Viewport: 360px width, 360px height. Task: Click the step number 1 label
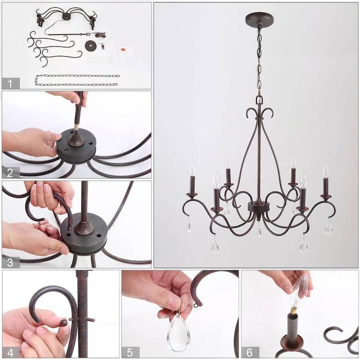coord(11,83)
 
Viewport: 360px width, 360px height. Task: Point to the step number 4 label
coord(11,352)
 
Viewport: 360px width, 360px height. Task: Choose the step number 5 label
coord(130,352)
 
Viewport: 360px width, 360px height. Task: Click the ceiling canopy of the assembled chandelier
coord(259,19)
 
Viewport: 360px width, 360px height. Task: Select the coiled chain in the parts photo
coord(77,80)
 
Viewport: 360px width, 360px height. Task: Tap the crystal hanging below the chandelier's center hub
coord(259,232)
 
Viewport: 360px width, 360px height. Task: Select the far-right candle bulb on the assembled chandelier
coord(325,171)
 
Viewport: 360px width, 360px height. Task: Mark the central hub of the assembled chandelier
coord(259,208)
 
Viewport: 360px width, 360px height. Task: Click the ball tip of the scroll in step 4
coord(64,322)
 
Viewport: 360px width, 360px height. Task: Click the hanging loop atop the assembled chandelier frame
coord(259,99)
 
